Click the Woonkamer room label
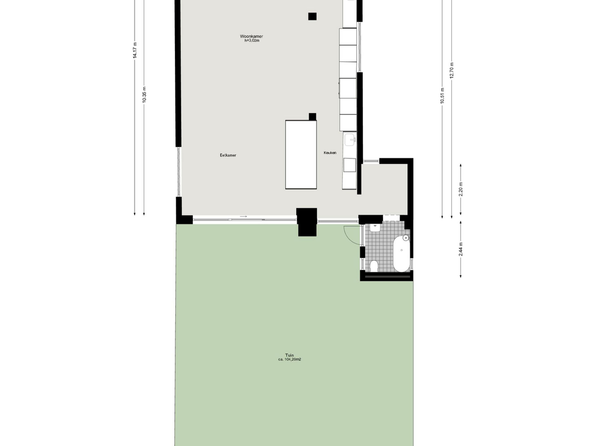[251, 36]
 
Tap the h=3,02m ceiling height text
[251, 41]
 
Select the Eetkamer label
[228, 155]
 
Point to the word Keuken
[330, 153]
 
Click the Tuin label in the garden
[289, 355]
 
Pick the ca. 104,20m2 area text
[289, 359]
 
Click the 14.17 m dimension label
[135, 50]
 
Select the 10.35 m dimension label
[144, 95]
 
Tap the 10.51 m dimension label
[442, 96]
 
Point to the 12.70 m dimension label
[452, 70]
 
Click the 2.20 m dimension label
[461, 189]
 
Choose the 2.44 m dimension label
[461, 249]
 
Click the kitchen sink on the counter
[350, 140]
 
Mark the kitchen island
[301, 154]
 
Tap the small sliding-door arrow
[243, 216]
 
